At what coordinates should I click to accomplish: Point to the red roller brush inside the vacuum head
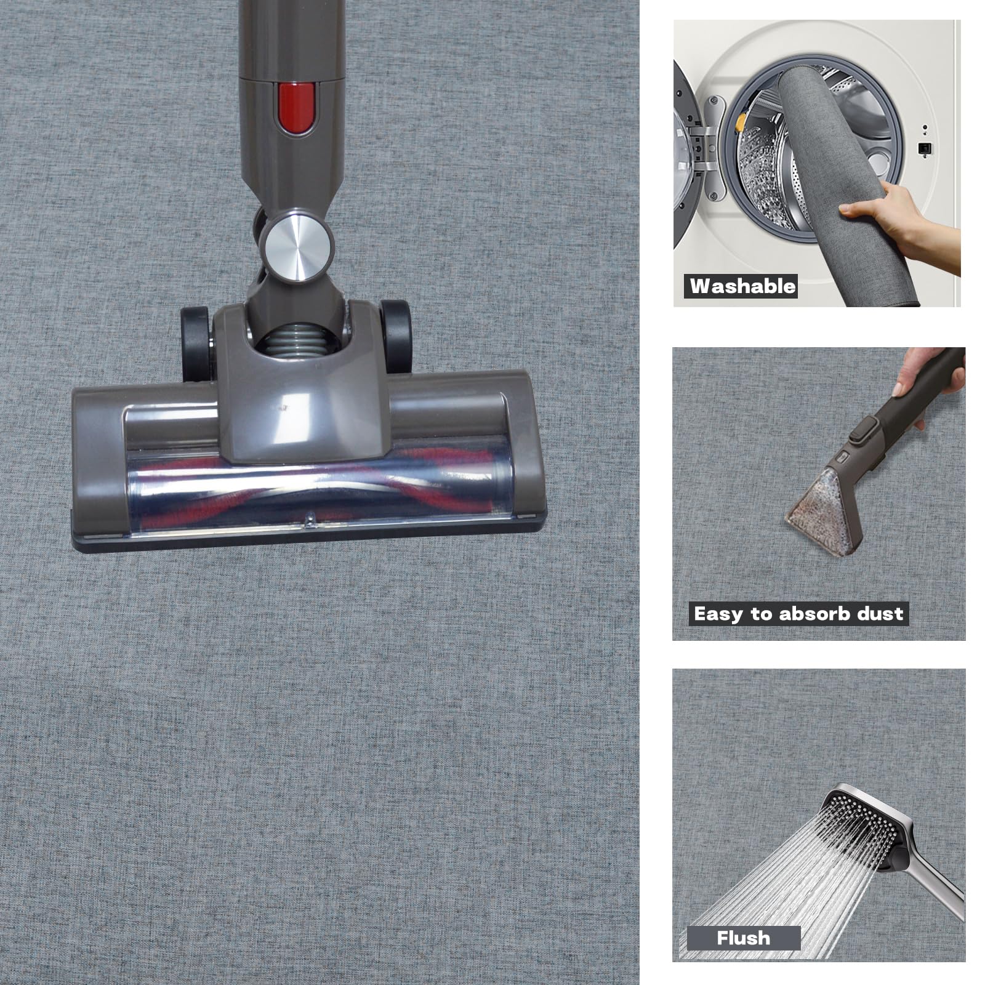308,486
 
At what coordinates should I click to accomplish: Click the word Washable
742,286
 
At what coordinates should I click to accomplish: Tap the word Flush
743,938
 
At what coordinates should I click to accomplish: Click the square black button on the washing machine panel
923,148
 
